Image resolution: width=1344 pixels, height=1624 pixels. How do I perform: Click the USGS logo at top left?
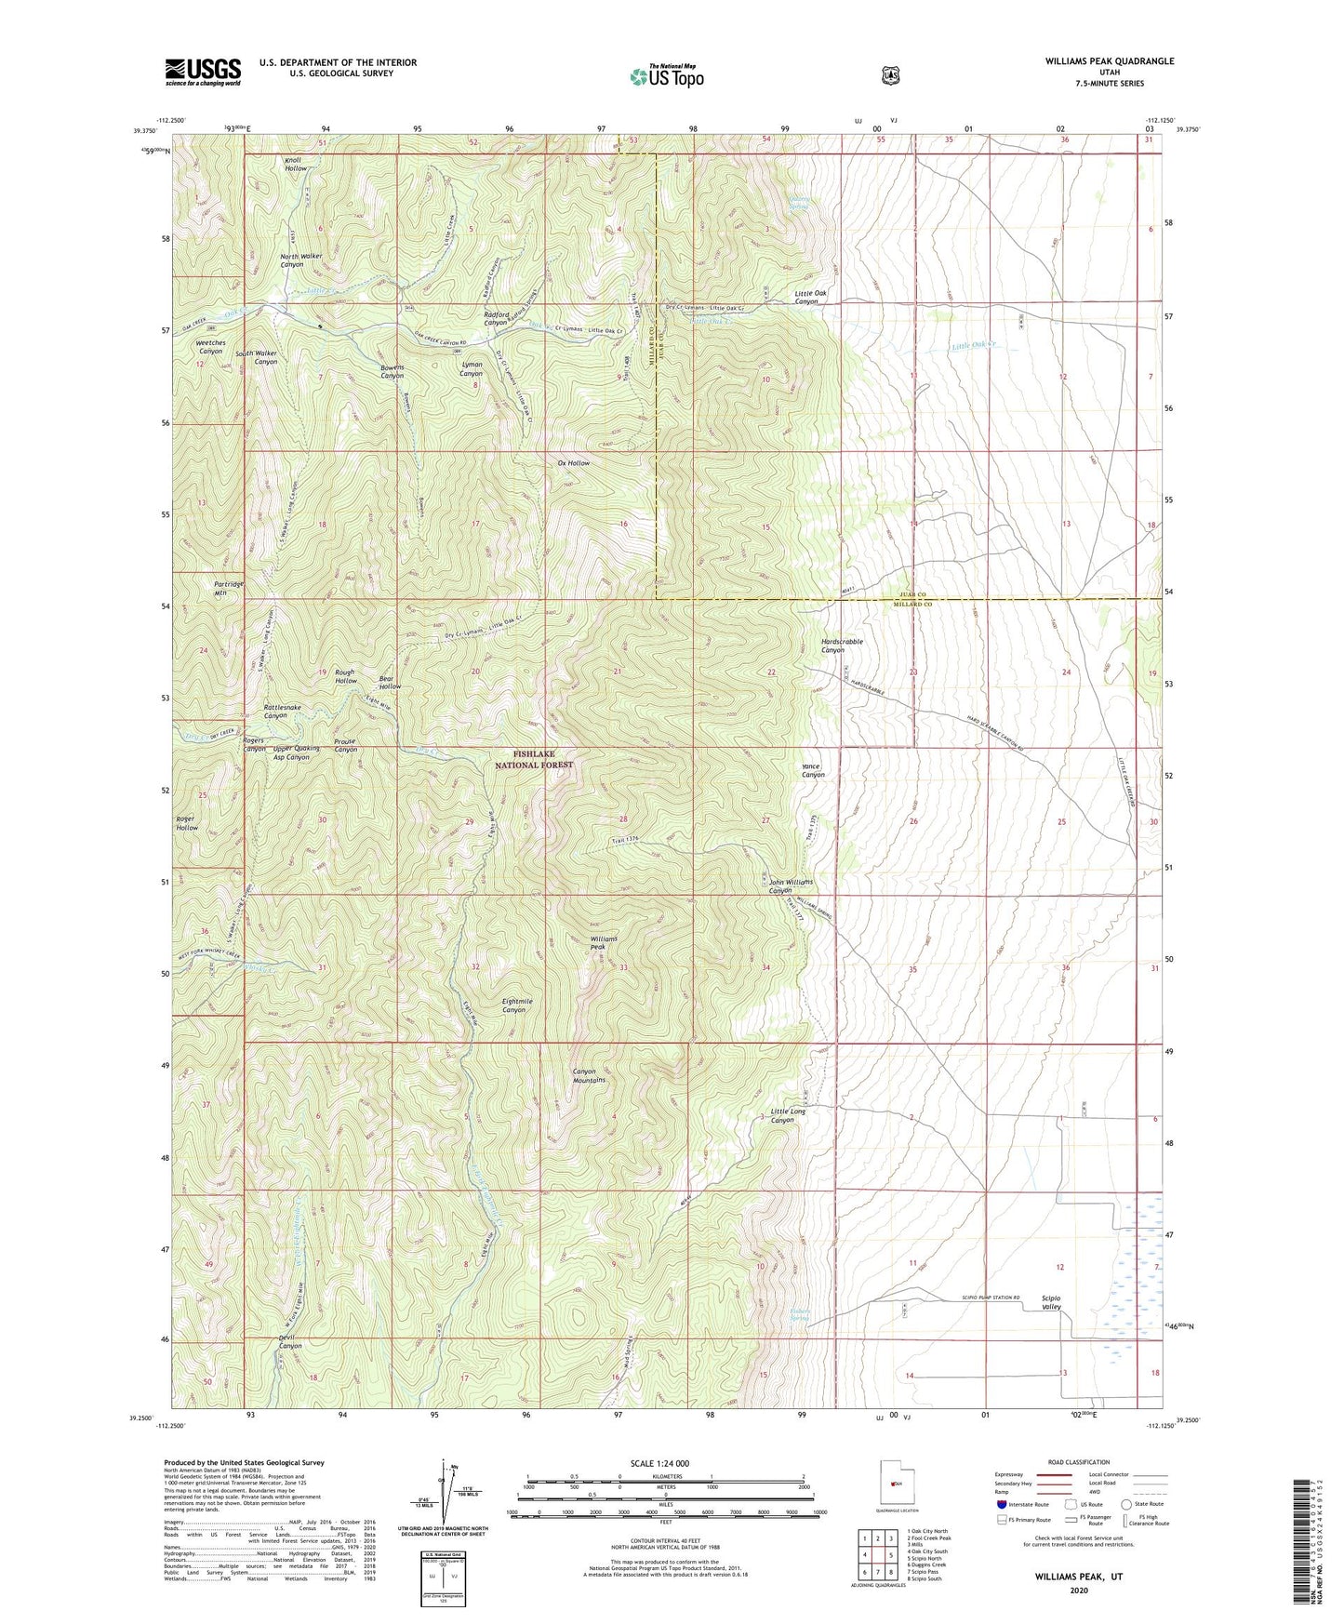(x=203, y=72)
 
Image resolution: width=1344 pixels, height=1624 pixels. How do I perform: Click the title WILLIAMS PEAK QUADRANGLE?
(x=1109, y=61)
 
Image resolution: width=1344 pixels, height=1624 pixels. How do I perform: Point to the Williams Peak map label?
(x=604, y=944)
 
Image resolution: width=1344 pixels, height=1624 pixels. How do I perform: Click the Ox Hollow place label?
(x=573, y=463)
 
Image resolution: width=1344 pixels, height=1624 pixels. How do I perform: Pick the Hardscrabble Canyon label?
(x=842, y=646)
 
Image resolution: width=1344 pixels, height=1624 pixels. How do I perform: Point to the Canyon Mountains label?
(x=589, y=1075)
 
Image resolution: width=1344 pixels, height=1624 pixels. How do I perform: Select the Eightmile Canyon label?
(x=517, y=1005)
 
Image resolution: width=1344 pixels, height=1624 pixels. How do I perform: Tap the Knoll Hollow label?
(x=296, y=165)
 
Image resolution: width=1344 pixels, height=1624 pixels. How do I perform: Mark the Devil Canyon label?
(x=290, y=1341)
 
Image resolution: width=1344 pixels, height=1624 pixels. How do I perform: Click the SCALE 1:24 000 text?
(x=659, y=1463)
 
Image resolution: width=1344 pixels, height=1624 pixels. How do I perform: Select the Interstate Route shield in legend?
(x=1002, y=1504)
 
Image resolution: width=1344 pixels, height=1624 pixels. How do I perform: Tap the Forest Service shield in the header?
(x=890, y=75)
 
